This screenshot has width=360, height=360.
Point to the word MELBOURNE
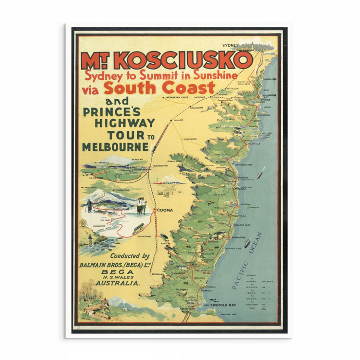(115, 146)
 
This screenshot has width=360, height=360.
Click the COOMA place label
(166, 211)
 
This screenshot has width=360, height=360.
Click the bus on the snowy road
(138, 227)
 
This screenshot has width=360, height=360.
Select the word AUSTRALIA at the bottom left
(118, 283)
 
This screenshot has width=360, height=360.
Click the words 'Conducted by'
(129, 256)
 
